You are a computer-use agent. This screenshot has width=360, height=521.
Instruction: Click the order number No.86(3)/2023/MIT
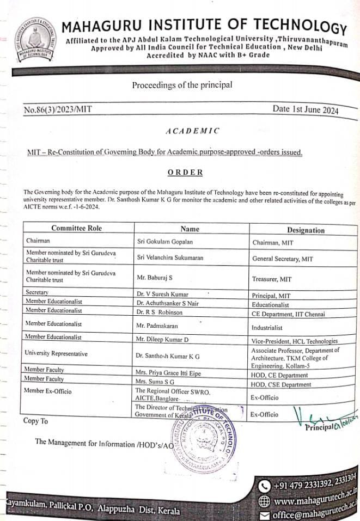(x=58, y=109)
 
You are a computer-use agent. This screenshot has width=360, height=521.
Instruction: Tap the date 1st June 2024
(x=306, y=109)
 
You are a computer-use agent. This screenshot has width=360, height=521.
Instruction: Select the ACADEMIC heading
(x=192, y=131)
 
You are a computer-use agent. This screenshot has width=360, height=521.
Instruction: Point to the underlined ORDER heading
(x=185, y=172)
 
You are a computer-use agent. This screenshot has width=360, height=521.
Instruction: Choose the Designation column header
(x=306, y=230)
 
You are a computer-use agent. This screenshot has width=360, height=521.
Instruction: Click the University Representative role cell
(x=56, y=354)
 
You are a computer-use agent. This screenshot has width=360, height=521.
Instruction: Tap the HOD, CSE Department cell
(x=280, y=384)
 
